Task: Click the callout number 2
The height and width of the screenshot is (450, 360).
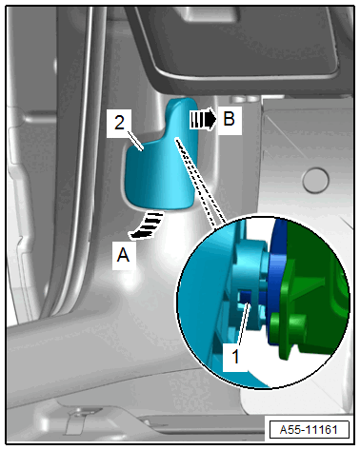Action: [x=119, y=123]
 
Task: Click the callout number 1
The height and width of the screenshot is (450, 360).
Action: [x=235, y=357]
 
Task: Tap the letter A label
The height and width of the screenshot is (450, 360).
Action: [x=123, y=255]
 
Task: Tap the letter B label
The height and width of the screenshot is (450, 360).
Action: [x=230, y=119]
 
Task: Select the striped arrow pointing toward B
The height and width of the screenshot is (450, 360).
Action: [x=203, y=119]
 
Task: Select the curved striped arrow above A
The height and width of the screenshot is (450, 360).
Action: [x=147, y=225]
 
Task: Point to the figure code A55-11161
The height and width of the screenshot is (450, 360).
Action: [x=309, y=430]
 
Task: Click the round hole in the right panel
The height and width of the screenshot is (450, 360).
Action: [x=315, y=180]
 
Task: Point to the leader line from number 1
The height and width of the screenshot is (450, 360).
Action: [x=243, y=324]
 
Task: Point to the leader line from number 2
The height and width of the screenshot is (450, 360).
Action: [x=134, y=139]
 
